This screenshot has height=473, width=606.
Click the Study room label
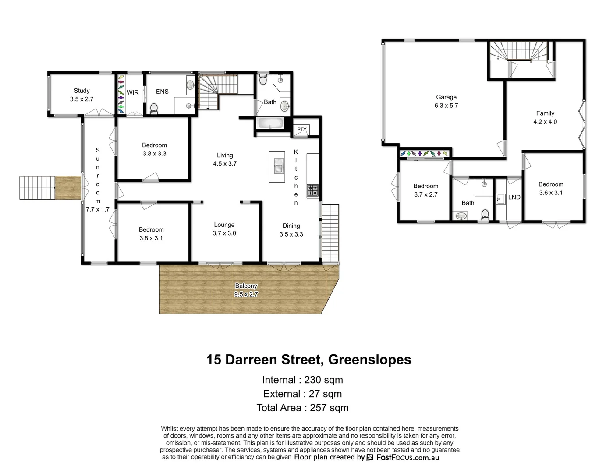(x=82, y=95)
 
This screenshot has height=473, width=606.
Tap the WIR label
(x=132, y=92)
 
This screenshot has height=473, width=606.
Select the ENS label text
(x=162, y=92)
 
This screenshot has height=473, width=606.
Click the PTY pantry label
(x=301, y=130)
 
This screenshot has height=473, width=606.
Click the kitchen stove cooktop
(x=312, y=191)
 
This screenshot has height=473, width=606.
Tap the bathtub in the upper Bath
(x=270, y=124)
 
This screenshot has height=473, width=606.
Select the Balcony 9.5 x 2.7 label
(x=246, y=290)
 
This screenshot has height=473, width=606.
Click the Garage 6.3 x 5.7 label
(x=446, y=101)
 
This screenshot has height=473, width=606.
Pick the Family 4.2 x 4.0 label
(x=545, y=117)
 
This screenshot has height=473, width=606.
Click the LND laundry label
(x=514, y=198)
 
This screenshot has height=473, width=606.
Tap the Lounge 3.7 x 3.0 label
(x=224, y=229)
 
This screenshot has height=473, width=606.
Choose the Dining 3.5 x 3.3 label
(x=291, y=230)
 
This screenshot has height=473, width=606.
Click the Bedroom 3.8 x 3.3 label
(x=154, y=149)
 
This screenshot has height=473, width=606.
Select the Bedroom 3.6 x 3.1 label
(x=551, y=188)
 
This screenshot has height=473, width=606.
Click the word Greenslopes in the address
(x=369, y=360)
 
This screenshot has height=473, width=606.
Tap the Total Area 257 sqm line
(x=302, y=408)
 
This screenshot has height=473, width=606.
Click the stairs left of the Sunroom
(x=38, y=187)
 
